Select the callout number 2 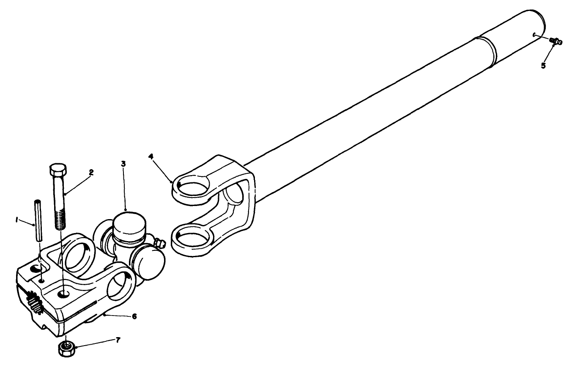(x=90, y=173)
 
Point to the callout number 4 (x=151, y=156)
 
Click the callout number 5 (x=544, y=66)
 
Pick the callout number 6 (x=134, y=316)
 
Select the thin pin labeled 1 (x=38, y=220)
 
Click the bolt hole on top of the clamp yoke (x=64, y=292)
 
